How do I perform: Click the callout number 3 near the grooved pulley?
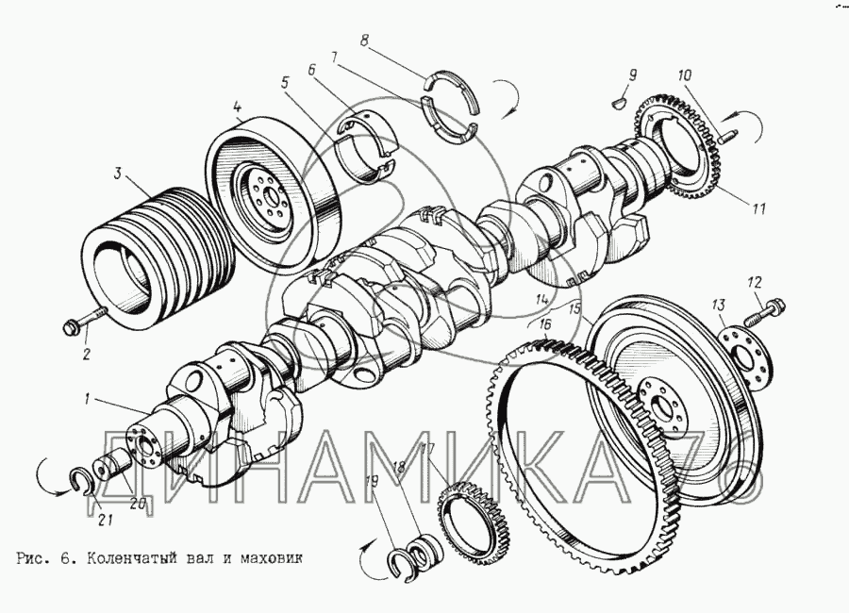point(118,174)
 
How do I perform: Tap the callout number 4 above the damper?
point(238,107)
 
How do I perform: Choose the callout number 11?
point(759,208)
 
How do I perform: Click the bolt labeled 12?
point(763,312)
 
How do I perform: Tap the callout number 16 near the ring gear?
point(544,324)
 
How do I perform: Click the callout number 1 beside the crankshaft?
point(87,401)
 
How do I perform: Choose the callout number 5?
point(285,82)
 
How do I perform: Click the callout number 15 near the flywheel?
point(575,309)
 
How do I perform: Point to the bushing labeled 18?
point(426,552)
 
